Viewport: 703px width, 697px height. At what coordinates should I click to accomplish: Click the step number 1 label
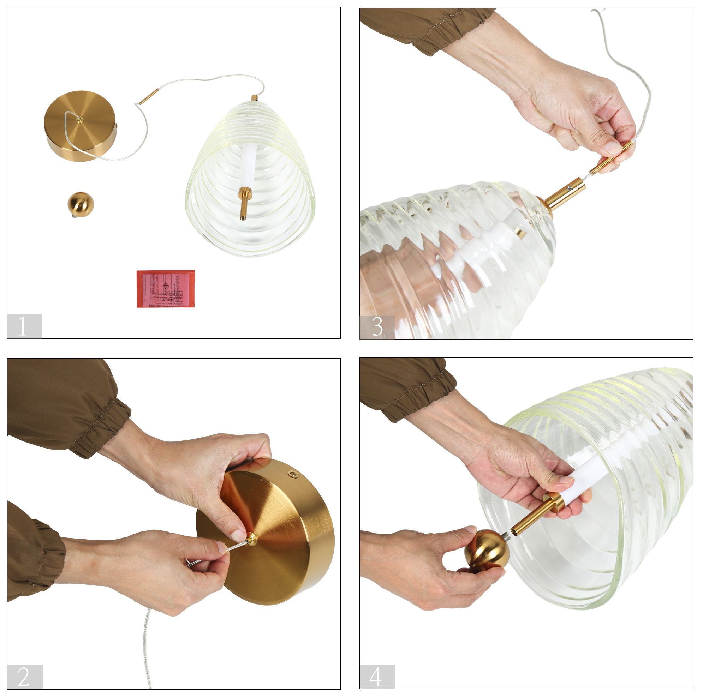(24, 326)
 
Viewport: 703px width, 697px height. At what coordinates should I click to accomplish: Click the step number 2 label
(24, 676)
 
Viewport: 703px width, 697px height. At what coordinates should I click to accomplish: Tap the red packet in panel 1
(166, 288)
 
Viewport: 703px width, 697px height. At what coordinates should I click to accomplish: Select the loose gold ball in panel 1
(81, 204)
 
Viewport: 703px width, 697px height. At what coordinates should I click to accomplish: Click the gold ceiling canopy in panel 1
(80, 126)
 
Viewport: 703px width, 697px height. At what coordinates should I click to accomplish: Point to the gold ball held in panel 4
(487, 551)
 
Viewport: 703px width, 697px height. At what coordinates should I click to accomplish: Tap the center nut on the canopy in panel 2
(251, 539)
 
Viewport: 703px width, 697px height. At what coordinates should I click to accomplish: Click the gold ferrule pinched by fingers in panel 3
(611, 157)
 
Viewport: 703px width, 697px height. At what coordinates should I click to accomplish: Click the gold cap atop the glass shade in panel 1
(255, 98)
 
